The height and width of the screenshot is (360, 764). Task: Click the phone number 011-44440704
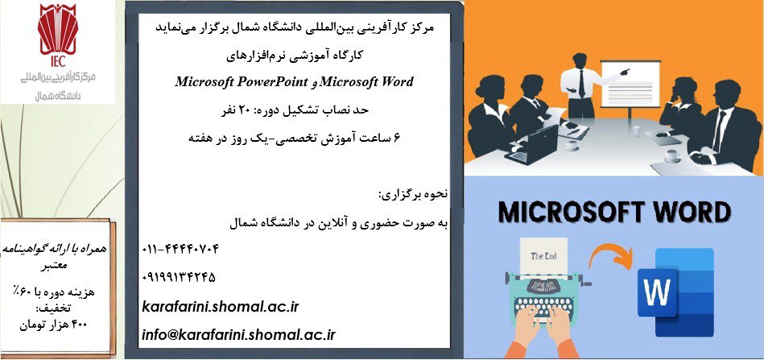click(180, 250)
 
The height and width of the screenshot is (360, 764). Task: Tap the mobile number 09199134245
click(179, 278)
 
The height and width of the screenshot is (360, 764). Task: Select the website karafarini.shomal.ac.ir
click(221, 307)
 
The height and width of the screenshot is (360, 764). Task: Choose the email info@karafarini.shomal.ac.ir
click(239, 335)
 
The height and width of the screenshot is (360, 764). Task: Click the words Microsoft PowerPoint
click(242, 81)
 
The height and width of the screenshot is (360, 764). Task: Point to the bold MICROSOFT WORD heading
click(614, 213)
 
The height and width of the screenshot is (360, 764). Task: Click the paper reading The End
click(543, 256)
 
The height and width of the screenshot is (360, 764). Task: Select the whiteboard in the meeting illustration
click(630, 83)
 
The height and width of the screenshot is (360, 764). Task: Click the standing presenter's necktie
click(581, 83)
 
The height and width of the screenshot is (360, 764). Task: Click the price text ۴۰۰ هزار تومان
click(54, 325)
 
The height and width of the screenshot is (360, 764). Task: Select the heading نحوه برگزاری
click(414, 196)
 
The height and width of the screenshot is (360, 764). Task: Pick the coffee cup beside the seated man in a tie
click(672, 156)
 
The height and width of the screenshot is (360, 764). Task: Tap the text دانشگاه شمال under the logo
click(57, 96)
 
